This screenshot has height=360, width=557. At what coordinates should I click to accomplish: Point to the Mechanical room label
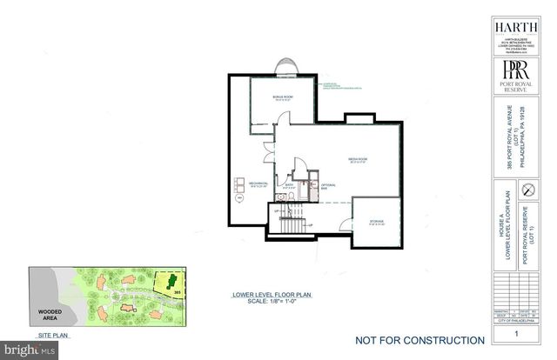click(x=258, y=185)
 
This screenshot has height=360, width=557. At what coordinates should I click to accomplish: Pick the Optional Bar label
click(x=328, y=186)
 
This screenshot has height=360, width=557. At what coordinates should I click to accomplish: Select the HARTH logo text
click(x=515, y=26)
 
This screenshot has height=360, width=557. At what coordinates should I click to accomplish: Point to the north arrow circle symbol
click(x=526, y=190)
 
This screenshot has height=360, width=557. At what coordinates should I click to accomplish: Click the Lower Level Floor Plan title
click(x=265, y=296)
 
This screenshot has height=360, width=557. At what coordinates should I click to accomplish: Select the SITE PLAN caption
click(x=52, y=334)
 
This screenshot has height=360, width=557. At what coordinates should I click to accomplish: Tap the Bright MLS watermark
click(x=30, y=349)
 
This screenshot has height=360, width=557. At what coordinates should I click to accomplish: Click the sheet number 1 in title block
click(x=516, y=334)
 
